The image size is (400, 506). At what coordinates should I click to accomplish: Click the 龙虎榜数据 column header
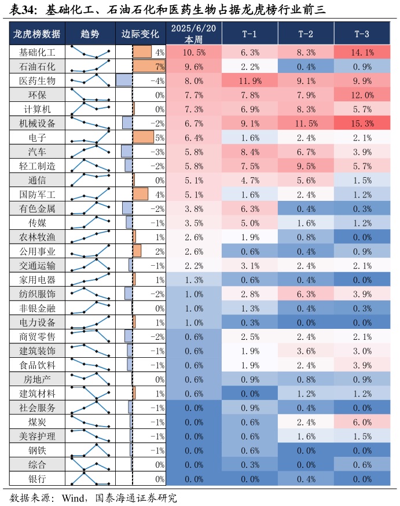pos(37,34)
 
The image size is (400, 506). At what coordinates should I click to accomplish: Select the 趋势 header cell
pos(90,34)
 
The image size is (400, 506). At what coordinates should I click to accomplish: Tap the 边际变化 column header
pos(140,34)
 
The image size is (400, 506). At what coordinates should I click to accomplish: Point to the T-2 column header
pos(306,34)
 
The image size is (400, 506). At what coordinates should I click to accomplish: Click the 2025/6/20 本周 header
pos(193,34)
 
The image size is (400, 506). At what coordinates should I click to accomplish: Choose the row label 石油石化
pos(37,67)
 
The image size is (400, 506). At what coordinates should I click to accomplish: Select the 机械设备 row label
pos(37,123)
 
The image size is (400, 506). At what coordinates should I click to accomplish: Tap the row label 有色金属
pos(37,208)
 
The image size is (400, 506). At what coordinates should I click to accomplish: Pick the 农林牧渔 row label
pos(37,237)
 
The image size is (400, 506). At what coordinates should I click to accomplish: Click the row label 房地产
pos(37,379)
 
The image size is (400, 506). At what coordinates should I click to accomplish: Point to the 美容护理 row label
pos(37,436)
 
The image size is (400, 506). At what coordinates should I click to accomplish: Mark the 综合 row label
pos(37,464)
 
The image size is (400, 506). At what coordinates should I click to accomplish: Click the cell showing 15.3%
pos(362,123)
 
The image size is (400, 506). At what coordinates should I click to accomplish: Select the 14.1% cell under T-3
pos(362,52)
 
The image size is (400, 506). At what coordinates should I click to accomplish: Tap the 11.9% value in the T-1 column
pos(249,80)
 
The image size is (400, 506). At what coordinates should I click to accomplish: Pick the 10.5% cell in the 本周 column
pos(193,52)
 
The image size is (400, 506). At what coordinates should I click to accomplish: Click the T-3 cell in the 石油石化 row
pos(362,67)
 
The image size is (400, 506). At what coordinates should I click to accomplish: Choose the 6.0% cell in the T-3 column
pos(362,422)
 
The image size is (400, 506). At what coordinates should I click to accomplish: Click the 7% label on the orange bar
pos(160,67)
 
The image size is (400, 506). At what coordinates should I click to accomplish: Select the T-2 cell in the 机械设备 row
pos(306,123)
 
